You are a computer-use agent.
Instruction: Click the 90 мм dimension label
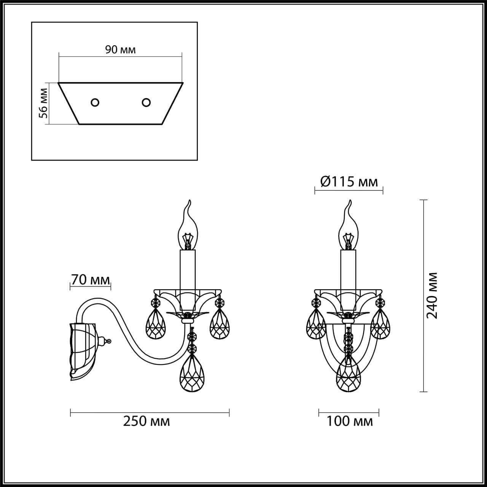[x=120, y=50]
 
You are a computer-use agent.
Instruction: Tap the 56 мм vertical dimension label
[x=44, y=103]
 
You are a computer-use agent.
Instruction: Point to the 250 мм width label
[x=146, y=421]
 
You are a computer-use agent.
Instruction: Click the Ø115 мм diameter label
[x=349, y=182]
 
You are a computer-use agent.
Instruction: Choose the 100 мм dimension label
[x=349, y=421]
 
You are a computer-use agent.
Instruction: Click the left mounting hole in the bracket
[x=95, y=102]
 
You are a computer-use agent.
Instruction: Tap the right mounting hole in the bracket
[x=146, y=102]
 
